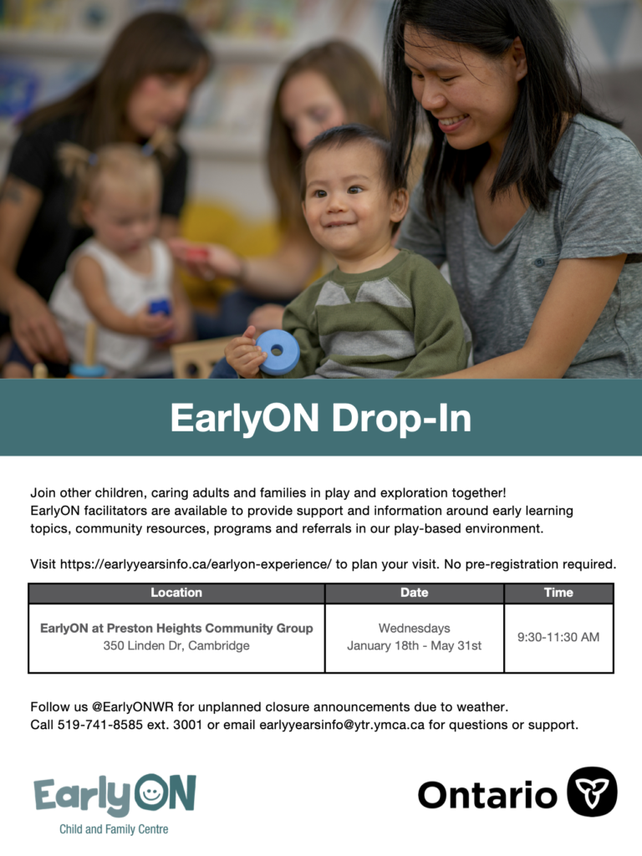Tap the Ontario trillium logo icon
coord(592,792)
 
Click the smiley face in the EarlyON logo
coord(150,792)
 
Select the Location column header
coord(176,593)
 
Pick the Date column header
coord(415,593)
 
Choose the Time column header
coord(558,593)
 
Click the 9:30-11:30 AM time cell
coord(558,637)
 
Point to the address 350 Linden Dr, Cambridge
coord(176,646)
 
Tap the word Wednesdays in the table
coord(415,629)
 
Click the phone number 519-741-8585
coord(100,725)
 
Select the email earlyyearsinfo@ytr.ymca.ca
coord(342,725)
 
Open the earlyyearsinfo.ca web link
coord(196,564)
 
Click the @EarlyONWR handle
coord(133,707)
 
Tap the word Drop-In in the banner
coord(401,418)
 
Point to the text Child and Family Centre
coord(114,829)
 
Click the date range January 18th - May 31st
coord(415,646)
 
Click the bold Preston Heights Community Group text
coord(210,629)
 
